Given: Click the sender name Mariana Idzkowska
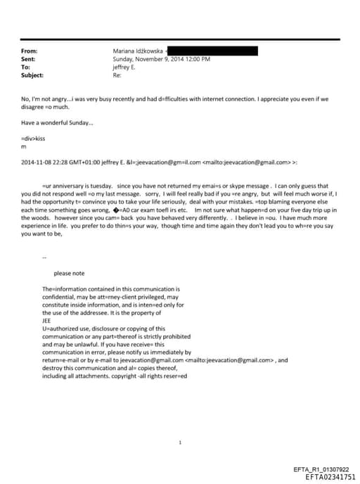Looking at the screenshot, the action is pyautogui.click(x=139, y=51).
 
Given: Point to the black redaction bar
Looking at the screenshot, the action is pyautogui.click(x=213, y=51).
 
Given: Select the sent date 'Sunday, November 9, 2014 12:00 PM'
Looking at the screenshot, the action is pyautogui.click(x=162, y=59).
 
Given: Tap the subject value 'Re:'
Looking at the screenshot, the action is pyautogui.click(x=117, y=75).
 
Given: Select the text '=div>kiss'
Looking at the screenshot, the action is pyautogui.click(x=34, y=139).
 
